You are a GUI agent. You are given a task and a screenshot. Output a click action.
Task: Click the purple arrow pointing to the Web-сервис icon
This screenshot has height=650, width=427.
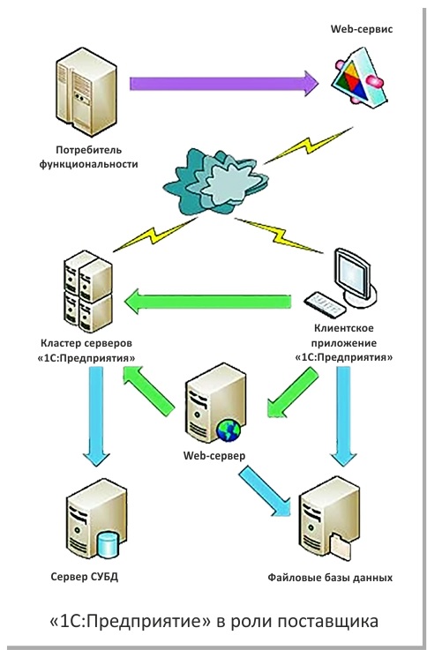point(224,83)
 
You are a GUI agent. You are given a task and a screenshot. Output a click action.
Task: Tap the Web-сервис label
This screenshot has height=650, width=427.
point(362,29)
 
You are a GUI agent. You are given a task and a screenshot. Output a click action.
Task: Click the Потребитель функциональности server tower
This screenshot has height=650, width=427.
point(86,92)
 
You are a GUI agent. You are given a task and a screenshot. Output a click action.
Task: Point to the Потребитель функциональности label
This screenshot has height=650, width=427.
point(89,157)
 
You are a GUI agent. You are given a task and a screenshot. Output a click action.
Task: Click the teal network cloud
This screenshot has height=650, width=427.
point(215,182)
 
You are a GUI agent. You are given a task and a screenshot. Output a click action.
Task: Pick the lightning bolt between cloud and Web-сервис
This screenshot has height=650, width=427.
point(308,146)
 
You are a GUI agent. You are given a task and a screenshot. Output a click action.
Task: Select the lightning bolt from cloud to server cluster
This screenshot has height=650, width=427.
point(154,235)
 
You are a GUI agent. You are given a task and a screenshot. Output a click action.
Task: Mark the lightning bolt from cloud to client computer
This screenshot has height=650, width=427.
point(279,235)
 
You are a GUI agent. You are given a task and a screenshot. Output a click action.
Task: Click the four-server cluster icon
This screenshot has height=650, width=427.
point(88,291)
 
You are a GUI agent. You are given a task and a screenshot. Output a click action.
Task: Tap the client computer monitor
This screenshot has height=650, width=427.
point(356,276)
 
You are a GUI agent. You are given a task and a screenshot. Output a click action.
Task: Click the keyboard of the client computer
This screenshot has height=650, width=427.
point(325,304)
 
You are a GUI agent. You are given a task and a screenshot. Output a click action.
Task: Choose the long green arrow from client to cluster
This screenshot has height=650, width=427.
point(207,302)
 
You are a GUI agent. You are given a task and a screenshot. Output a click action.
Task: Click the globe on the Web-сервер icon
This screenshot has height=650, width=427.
point(228,430)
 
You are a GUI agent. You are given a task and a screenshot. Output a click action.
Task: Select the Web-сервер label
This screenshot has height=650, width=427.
point(214,456)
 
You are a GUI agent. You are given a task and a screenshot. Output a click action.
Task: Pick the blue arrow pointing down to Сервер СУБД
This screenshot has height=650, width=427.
point(96,416)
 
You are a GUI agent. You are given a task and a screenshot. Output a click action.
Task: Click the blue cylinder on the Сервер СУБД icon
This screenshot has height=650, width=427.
point(108,545)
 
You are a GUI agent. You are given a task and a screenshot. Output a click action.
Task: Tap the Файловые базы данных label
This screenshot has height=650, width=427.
point(330,578)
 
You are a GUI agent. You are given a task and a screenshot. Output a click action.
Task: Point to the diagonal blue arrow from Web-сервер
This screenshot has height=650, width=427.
point(266,491)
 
